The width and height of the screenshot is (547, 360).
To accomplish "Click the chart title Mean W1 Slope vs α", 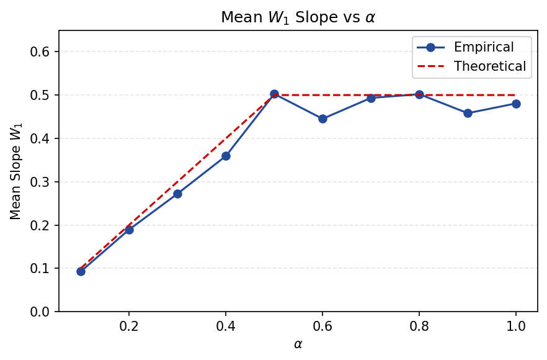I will pyautogui.click(x=298, y=17).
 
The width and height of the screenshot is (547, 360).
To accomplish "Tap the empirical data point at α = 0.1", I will pyautogui.click(x=81, y=271).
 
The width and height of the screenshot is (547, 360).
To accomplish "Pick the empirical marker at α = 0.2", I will pyautogui.click(x=129, y=230).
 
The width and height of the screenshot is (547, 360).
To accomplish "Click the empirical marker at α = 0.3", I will pyautogui.click(x=177, y=194).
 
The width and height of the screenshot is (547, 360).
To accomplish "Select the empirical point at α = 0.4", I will pyautogui.click(x=226, y=156).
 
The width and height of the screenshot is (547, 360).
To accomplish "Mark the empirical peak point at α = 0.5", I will pyautogui.click(x=274, y=94).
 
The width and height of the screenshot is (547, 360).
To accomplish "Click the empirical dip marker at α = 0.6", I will pyautogui.click(x=322, y=119).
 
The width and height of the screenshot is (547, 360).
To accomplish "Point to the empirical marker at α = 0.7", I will pyautogui.click(x=371, y=98).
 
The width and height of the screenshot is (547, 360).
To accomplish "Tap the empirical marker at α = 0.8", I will pyautogui.click(x=419, y=94).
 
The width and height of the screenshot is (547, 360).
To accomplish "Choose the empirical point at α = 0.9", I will pyautogui.click(x=468, y=113).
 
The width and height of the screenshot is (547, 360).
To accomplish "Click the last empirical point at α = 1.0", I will pyautogui.click(x=516, y=104).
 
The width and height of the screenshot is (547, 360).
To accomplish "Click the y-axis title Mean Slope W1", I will pyautogui.click(x=16, y=171).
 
